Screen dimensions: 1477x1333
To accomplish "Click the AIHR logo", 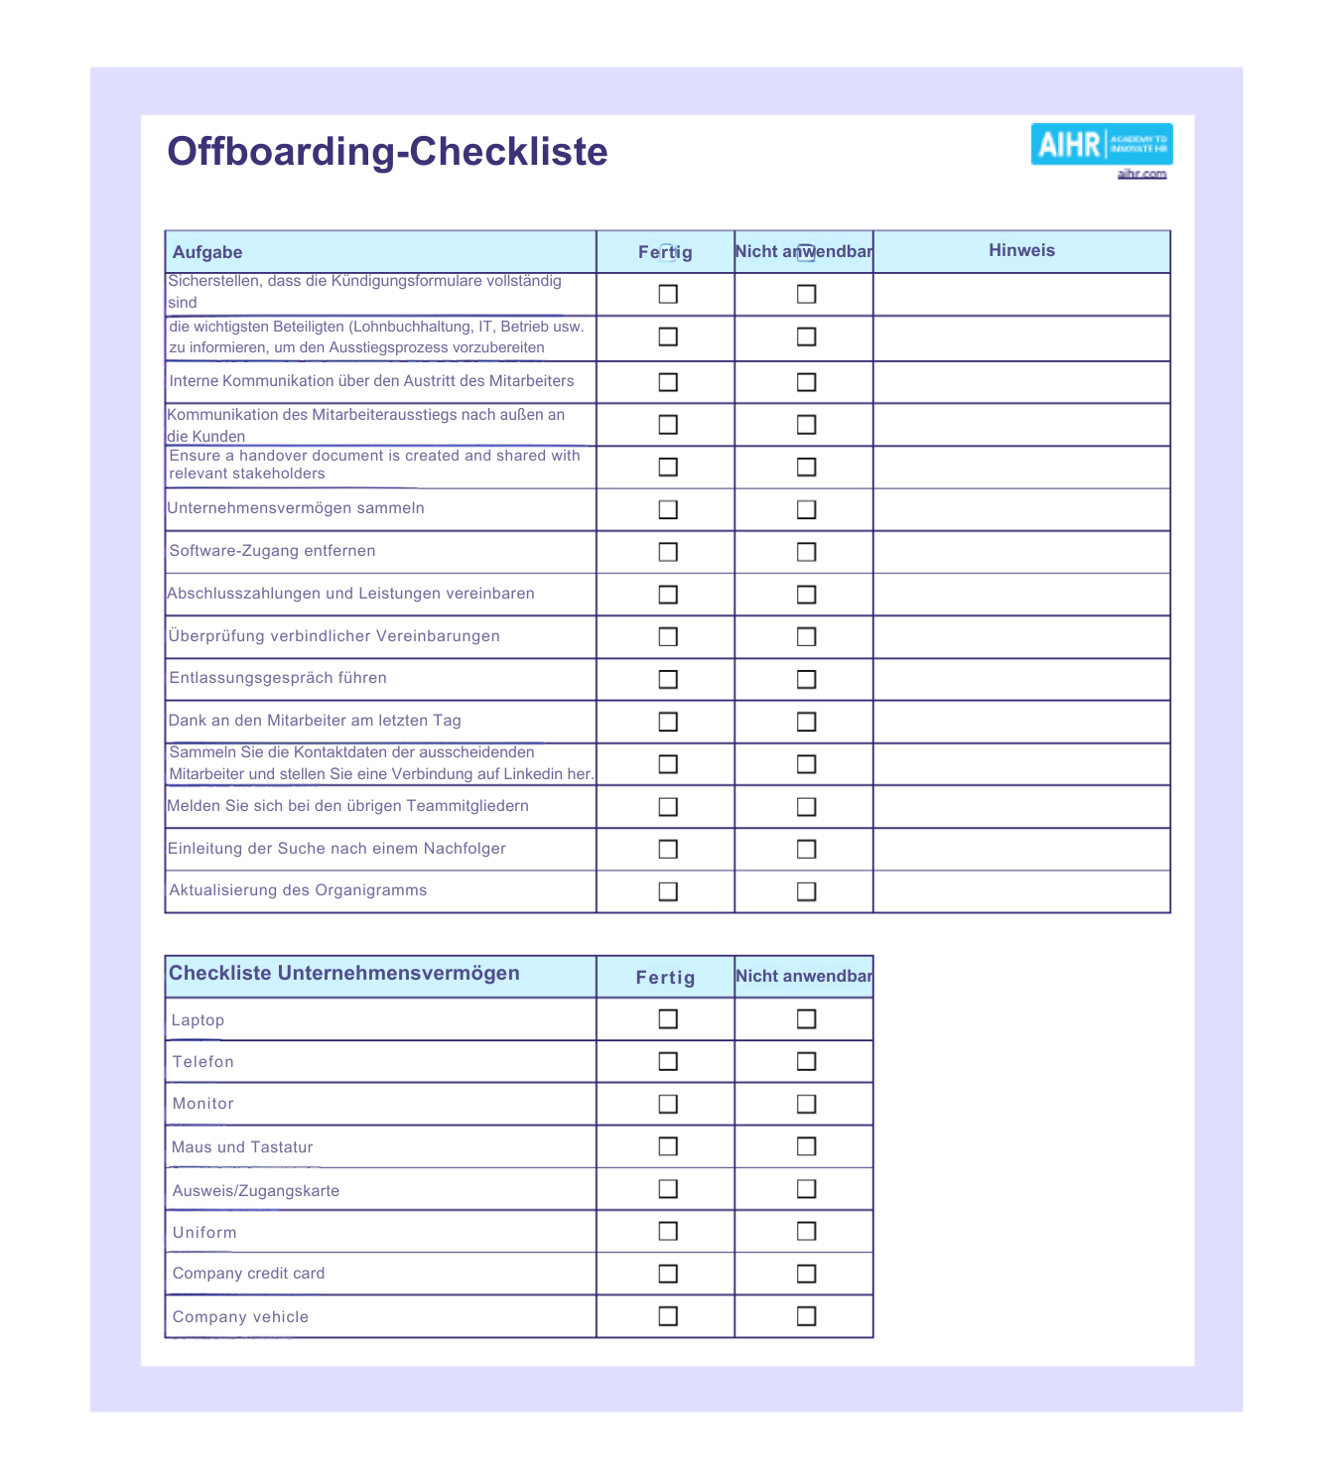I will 1101,145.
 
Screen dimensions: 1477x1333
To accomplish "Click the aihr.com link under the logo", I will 1141,174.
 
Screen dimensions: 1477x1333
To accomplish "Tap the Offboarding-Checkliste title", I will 387,152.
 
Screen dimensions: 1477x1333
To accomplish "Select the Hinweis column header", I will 1021,251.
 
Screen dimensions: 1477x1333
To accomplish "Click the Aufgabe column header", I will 207,252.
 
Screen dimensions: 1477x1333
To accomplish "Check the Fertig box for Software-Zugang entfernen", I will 668,552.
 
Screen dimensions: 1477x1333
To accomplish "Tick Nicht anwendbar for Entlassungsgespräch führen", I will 806,679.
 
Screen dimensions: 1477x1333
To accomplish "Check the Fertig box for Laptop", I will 668,1019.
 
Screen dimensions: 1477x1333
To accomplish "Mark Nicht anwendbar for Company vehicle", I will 806,1316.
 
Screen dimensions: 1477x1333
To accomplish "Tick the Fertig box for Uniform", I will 668,1232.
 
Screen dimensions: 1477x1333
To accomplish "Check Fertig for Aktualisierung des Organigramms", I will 668,891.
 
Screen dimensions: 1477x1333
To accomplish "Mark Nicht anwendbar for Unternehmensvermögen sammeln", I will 806,509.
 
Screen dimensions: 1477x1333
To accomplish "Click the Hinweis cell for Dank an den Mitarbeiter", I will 1021,722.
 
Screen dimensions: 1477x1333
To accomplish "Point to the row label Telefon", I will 203,1062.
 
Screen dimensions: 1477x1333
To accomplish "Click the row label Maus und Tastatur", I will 242,1147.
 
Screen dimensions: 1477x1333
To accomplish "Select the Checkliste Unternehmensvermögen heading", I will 343,974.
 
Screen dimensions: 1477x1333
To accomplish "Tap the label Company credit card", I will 248,1274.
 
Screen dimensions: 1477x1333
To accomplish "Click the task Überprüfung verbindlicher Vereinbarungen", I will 334,636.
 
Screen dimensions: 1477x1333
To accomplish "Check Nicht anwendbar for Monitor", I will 806,1104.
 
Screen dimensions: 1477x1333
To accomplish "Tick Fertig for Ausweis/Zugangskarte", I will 668,1189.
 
